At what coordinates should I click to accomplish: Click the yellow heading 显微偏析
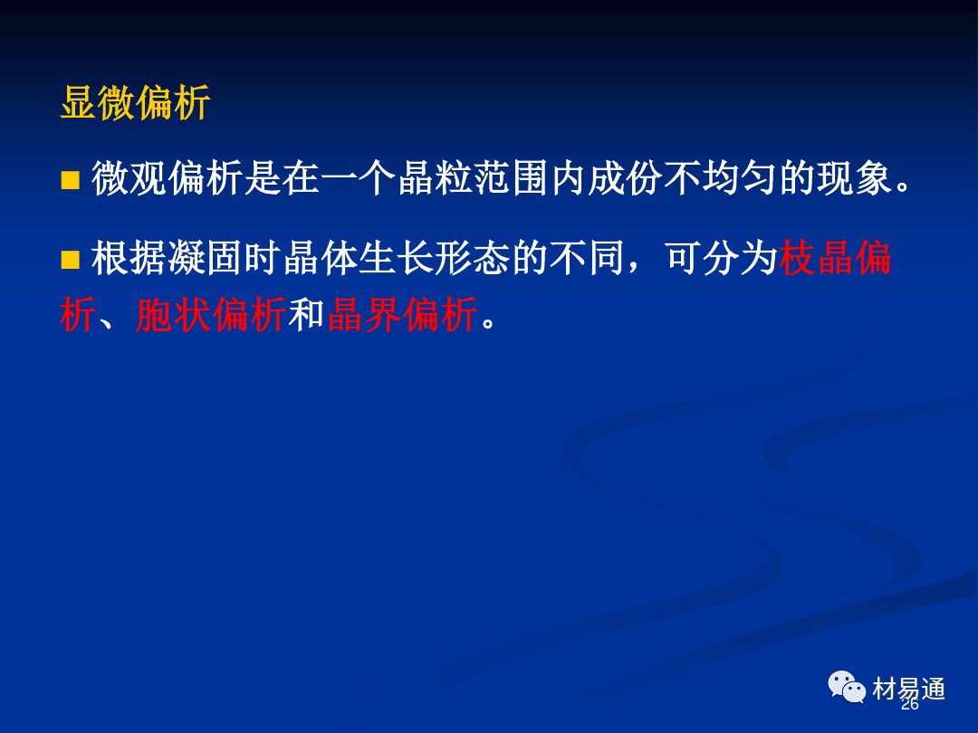pyautogui.click(x=135, y=102)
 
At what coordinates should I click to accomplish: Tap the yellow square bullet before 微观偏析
pyautogui.click(x=70, y=179)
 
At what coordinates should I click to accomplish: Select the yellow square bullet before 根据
pyautogui.click(x=70, y=260)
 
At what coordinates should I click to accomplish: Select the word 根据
pyautogui.click(x=129, y=258)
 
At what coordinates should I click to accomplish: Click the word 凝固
pyautogui.click(x=206, y=258)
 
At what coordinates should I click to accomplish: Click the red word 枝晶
pyautogui.click(x=816, y=258)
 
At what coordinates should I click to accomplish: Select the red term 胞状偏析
pyautogui.click(x=211, y=314)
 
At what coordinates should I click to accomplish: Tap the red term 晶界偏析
pyautogui.click(x=402, y=314)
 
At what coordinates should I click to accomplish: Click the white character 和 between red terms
pyautogui.click(x=306, y=314)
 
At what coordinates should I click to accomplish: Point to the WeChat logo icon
pyautogui.click(x=847, y=687)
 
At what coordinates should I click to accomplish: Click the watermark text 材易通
pyautogui.click(x=909, y=689)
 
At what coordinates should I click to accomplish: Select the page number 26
pyautogui.click(x=910, y=704)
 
